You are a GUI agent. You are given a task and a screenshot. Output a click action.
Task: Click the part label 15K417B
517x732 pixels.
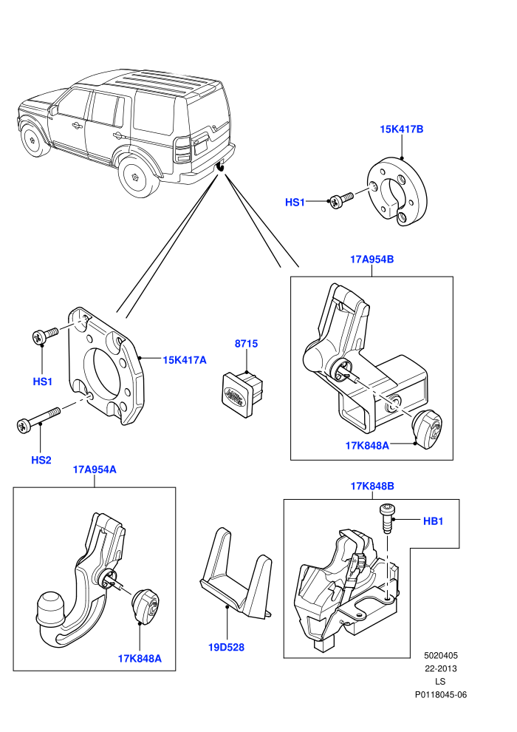(401, 129)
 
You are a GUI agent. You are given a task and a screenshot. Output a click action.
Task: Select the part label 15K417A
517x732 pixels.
(184, 360)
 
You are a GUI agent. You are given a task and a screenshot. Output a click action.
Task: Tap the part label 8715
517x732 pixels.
(246, 344)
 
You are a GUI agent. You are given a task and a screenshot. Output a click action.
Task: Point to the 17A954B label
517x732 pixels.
(372, 259)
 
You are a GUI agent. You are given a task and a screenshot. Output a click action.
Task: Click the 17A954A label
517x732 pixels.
(95, 470)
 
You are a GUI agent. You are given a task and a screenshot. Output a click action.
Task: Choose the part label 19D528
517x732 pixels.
(226, 648)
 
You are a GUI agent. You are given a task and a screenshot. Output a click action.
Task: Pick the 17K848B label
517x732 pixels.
(372, 486)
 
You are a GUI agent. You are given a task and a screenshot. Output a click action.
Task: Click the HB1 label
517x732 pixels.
(433, 521)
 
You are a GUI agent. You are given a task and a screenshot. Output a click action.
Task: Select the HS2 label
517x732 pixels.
(41, 460)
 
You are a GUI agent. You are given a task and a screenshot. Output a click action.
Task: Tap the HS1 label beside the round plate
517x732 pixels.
(295, 202)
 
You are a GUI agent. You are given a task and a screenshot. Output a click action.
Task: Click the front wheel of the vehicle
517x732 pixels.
(35, 140)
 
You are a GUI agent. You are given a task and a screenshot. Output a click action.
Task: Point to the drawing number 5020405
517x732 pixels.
(440, 655)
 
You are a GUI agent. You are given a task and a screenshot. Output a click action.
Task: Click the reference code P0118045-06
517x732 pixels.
(440, 694)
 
